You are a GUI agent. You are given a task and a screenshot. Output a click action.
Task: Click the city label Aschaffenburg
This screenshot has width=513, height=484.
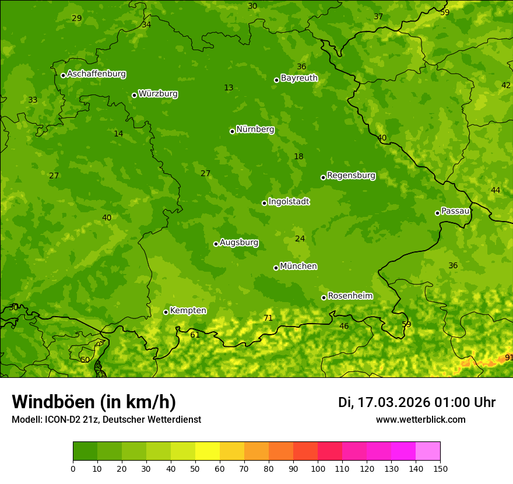tap(96, 74)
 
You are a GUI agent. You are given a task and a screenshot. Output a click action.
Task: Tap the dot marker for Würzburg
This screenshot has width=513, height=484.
tap(134, 95)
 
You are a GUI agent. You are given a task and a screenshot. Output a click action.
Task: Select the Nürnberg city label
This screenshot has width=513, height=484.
tap(255, 129)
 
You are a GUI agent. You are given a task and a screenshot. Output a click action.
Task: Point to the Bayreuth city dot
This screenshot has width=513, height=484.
tap(276, 80)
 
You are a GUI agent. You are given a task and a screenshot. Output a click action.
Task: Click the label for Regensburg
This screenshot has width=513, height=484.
tap(351, 176)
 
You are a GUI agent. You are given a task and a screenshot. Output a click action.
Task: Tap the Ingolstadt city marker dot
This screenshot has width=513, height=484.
tap(264, 203)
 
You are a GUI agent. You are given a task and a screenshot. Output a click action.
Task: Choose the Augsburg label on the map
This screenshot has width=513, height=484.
tap(239, 243)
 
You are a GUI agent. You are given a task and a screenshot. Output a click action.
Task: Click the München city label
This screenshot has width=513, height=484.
tap(298, 266)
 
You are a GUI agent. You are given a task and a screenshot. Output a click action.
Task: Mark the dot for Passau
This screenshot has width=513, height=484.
tap(437, 213)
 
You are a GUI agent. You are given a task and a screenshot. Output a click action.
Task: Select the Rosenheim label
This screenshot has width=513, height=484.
tap(350, 296)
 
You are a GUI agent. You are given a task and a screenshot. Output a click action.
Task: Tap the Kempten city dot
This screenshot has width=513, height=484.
tap(166, 312)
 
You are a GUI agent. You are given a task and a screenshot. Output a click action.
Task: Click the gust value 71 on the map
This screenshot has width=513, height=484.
tap(268, 318)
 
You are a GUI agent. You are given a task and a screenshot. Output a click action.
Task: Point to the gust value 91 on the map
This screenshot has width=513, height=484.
tap(508, 357)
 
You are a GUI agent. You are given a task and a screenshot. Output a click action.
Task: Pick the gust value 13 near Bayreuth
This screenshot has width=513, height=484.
tap(229, 88)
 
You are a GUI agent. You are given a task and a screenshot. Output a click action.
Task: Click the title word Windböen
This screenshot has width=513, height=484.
tap(52, 402)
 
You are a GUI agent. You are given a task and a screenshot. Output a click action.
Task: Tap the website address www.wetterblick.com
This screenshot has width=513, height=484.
tap(420, 420)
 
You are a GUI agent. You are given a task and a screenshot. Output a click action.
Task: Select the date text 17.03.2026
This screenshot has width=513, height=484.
tap(393, 402)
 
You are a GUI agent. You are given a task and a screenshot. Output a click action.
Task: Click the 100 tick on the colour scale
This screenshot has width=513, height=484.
tap(318, 468)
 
